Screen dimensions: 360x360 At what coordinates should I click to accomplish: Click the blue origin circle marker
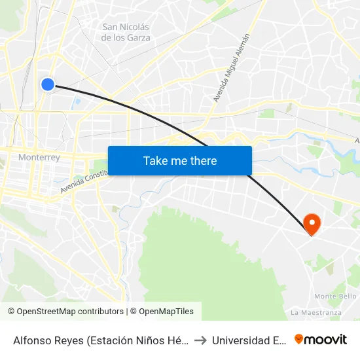(48, 84)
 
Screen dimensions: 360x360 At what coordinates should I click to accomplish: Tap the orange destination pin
(312, 224)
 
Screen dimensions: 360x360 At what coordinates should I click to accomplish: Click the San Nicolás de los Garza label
(126, 32)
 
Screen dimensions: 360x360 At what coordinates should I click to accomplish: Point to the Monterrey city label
(39, 157)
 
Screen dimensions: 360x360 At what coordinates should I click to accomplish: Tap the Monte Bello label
(334, 296)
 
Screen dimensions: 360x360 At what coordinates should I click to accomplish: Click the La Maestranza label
(317, 312)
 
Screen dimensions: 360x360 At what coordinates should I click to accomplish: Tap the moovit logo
(321, 339)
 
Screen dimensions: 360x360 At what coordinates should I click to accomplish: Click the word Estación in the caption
(126, 340)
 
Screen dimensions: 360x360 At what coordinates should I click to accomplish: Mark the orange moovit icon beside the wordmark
(299, 339)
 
